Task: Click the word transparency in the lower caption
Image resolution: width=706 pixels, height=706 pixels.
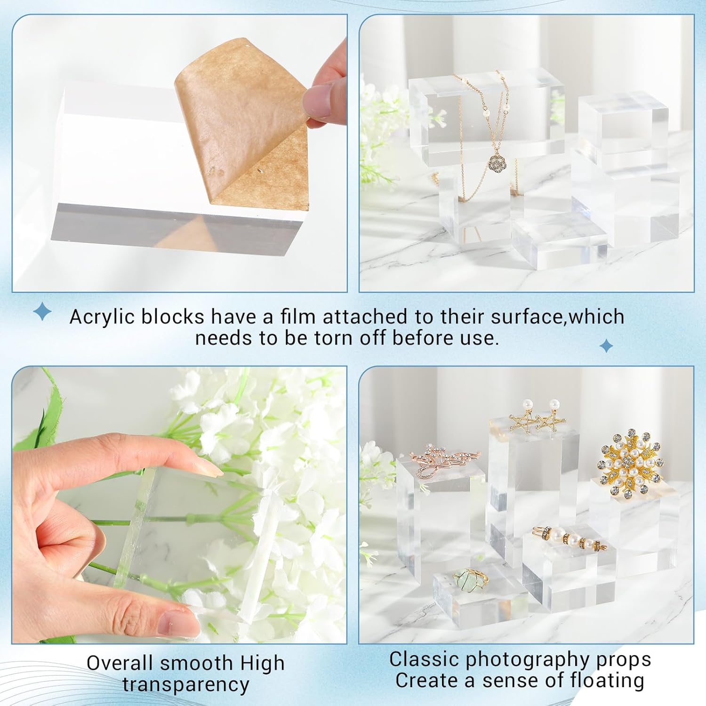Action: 186,684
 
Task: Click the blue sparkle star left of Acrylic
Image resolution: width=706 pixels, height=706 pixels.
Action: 43,312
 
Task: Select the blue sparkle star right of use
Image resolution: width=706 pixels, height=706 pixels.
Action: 606,346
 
